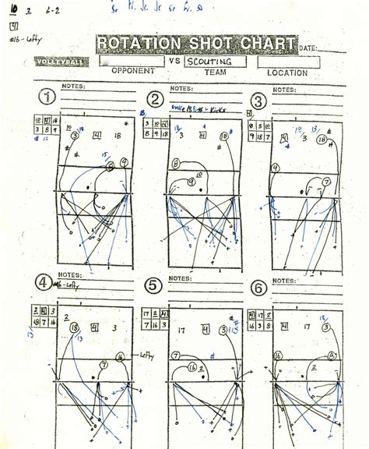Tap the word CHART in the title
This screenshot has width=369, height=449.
click(x=267, y=44)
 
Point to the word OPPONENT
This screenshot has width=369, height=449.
click(x=133, y=71)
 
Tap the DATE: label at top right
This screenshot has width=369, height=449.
click(x=308, y=48)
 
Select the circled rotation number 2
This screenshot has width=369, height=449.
click(x=156, y=99)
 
